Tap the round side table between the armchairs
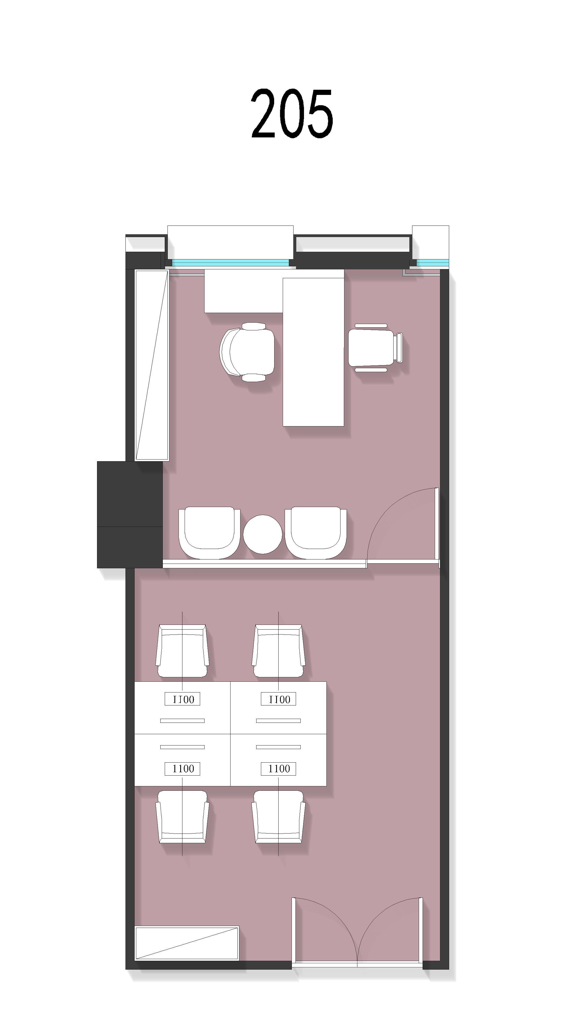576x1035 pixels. tap(263, 534)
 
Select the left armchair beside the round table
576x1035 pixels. tap(209, 533)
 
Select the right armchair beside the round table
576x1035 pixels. tap(315, 533)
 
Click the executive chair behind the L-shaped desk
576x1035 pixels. tap(247, 352)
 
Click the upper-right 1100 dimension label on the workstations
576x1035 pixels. tap(278, 699)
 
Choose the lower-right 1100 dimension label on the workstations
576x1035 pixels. tap(278, 769)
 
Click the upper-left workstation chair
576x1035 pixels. tap(182, 651)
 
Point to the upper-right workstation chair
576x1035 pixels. tap(278, 651)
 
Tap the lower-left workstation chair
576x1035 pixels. tap(182, 817)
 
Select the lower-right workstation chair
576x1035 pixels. tap(278, 817)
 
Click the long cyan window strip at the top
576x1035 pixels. tap(230, 263)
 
